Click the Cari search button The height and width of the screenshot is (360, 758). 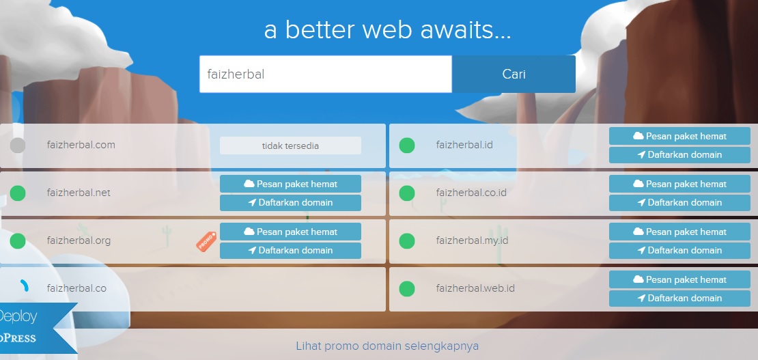(514, 74)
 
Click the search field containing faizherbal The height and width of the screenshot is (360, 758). (326, 74)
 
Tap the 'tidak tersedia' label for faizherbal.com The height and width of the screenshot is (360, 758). (290, 146)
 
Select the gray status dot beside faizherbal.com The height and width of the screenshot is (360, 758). (18, 145)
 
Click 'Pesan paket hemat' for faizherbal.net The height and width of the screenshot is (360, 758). (290, 184)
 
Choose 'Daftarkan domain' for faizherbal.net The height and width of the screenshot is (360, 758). (290, 203)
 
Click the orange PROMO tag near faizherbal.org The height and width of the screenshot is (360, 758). (206, 240)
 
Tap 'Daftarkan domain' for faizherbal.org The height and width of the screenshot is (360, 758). (290, 251)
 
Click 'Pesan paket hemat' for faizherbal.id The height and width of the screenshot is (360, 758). (679, 136)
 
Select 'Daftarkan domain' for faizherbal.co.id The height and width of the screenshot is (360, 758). (679, 203)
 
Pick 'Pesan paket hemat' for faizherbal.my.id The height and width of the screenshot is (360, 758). (679, 232)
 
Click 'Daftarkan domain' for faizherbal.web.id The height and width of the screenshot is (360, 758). (679, 299)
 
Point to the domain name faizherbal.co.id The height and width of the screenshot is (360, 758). (471, 193)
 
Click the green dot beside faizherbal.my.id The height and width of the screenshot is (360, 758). (407, 241)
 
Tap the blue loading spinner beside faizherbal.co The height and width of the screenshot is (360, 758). (25, 286)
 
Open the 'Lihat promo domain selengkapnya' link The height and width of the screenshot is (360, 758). (387, 346)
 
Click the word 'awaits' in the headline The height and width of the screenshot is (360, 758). (465, 30)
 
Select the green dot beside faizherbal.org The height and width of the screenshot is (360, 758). (18, 241)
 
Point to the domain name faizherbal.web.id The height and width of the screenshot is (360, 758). (475, 288)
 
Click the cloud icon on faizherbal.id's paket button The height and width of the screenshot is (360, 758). (638, 136)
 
